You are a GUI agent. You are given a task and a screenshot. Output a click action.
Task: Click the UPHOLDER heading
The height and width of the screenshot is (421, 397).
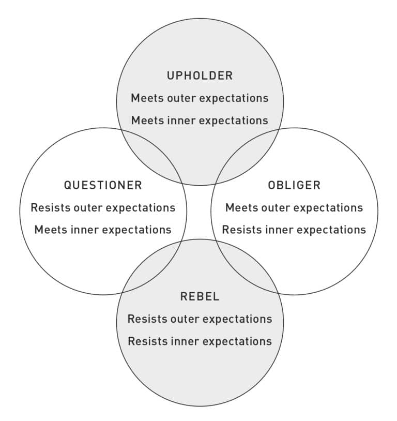pyautogui.click(x=200, y=76)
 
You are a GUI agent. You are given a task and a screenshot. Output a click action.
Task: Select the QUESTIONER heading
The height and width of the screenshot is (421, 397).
pyautogui.click(x=103, y=185)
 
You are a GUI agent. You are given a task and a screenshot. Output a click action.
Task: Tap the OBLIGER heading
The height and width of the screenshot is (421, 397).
pyautogui.click(x=294, y=185)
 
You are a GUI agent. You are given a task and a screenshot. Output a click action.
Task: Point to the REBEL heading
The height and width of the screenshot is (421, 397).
pyautogui.click(x=200, y=296)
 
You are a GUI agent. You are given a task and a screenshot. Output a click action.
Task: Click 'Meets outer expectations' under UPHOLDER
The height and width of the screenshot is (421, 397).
pyautogui.click(x=200, y=98)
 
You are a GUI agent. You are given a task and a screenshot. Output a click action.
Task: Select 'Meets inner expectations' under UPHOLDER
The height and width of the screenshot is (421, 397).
pyautogui.click(x=200, y=121)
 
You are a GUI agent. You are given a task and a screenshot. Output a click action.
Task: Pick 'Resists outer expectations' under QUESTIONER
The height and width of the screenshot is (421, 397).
pyautogui.click(x=103, y=207)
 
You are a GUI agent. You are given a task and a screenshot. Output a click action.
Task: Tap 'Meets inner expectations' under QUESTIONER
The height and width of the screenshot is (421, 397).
pyautogui.click(x=103, y=230)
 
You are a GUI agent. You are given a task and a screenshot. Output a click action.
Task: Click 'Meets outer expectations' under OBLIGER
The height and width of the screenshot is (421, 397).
pyautogui.click(x=294, y=207)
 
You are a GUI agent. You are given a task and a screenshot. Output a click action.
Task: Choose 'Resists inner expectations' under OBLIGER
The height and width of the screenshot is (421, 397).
pyautogui.click(x=294, y=230)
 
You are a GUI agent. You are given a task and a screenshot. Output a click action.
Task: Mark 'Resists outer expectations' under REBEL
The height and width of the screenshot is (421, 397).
pyautogui.click(x=200, y=319)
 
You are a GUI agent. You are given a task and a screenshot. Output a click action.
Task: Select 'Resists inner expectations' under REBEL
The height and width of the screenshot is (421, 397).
pyautogui.click(x=200, y=341)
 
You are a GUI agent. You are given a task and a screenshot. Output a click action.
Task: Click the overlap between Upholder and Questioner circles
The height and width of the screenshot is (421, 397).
pyautogui.click(x=155, y=155)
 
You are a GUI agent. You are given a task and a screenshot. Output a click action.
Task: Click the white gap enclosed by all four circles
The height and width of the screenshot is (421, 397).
pyautogui.click(x=199, y=212)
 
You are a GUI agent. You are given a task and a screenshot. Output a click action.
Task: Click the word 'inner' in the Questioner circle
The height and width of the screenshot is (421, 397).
pyautogui.click(x=83, y=230)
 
